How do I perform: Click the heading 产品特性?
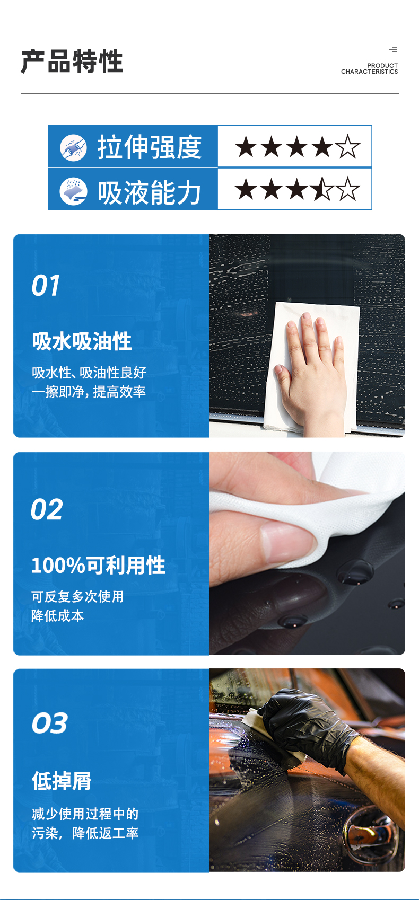pyautogui.click(x=72, y=61)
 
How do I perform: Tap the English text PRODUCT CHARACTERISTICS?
pyautogui.click(x=370, y=69)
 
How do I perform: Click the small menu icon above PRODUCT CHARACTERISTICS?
pyautogui.click(x=393, y=49)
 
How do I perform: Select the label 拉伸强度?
pyautogui.click(x=149, y=147)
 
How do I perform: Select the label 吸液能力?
pyautogui.click(x=149, y=191)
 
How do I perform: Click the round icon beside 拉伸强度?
pyautogui.click(x=73, y=147)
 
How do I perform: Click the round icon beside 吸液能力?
pyautogui.click(x=73, y=191)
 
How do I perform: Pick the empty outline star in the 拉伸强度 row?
pyautogui.click(x=348, y=147)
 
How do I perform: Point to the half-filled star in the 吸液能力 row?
pyautogui.click(x=322, y=189)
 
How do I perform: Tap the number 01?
pyautogui.click(x=46, y=286)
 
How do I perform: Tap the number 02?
pyautogui.click(x=47, y=510)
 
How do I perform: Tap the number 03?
pyautogui.click(x=49, y=723)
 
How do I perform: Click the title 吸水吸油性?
pyautogui.click(x=82, y=341)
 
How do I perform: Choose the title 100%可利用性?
pyautogui.click(x=98, y=566)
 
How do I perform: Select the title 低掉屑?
pyautogui.click(x=62, y=781)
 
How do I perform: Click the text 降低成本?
pyautogui.click(x=57, y=616)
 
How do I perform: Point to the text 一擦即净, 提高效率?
pyautogui.click(x=89, y=392)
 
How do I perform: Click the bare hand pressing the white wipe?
pyautogui.click(x=310, y=366)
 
